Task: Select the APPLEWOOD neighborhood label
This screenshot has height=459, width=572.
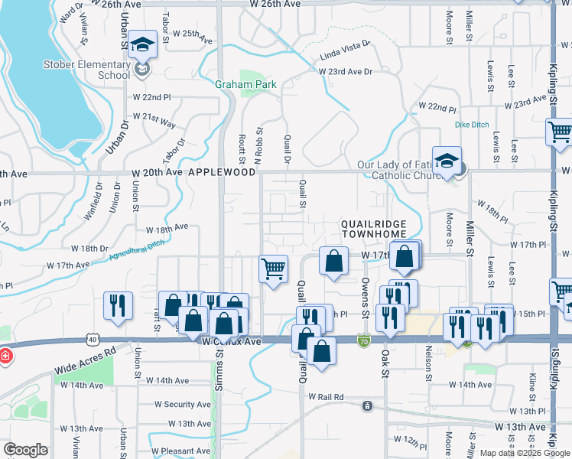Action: [222, 173]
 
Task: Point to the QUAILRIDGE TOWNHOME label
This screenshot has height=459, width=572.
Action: [382, 230]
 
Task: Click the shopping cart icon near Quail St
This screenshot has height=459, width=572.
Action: [274, 270]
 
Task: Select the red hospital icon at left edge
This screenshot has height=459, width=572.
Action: [5, 356]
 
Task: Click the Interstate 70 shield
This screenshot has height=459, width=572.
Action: [364, 338]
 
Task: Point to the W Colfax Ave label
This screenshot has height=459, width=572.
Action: [232, 341]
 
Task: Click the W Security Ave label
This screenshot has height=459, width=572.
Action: [182, 404]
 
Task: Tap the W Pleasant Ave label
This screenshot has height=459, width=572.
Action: [180, 451]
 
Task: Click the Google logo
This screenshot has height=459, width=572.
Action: [25, 450]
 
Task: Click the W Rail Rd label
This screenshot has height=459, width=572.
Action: [327, 397]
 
